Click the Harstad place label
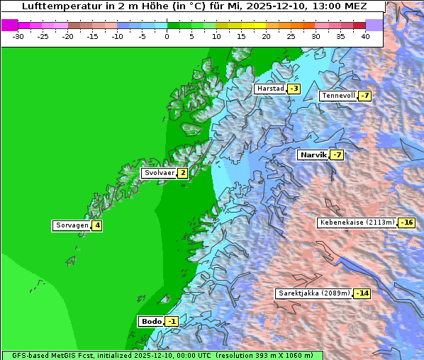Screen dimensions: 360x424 [270, 89]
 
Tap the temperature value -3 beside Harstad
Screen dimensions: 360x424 [294, 89]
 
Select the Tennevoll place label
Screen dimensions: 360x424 [337, 96]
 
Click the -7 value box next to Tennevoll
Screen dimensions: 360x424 [364, 96]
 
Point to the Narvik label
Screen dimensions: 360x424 [312, 154]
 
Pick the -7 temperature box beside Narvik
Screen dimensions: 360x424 [337, 154]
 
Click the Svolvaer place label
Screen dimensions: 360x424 [159, 173]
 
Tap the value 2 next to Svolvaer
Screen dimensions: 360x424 [182, 173]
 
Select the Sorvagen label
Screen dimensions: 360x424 [72, 226]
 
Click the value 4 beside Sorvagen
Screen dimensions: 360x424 [97, 226]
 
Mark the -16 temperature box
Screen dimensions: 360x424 [406, 223]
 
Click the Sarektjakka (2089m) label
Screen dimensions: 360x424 [313, 293]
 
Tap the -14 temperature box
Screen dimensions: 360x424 [362, 293]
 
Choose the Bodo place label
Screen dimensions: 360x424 [151, 322]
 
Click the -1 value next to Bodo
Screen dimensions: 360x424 [172, 322]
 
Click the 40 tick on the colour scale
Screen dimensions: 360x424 [365, 35]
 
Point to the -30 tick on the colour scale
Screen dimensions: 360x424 [18, 35]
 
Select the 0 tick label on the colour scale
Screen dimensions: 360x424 [167, 35]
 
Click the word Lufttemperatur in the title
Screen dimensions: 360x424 [59, 6]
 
